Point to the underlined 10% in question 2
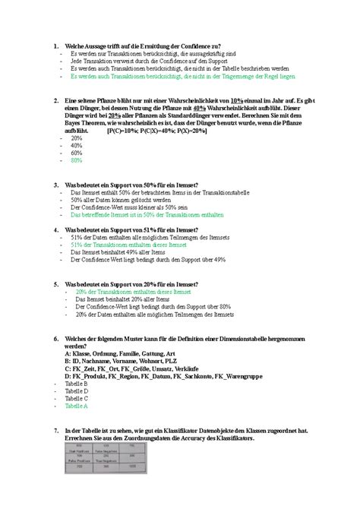236,100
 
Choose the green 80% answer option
76,161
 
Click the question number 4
48,229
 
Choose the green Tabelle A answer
77,406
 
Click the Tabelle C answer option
77,399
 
